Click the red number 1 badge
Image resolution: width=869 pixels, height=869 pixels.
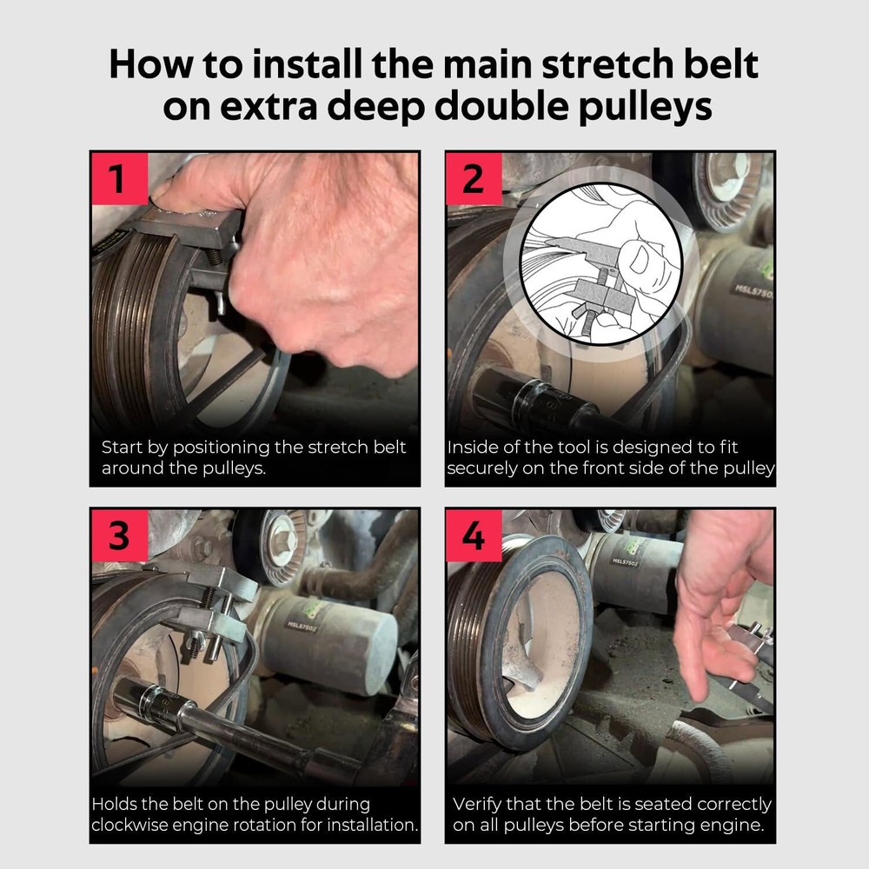pyautogui.click(x=119, y=179)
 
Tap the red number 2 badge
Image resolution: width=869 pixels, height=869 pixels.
pyautogui.click(x=474, y=179)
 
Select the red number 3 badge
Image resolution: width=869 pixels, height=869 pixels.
pyautogui.click(x=119, y=536)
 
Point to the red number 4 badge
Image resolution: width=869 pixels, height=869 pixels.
pyautogui.click(x=474, y=536)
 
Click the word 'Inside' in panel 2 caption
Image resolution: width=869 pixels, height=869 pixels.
pyautogui.click(x=474, y=448)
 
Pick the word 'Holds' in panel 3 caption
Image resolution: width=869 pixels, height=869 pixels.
pyautogui.click(x=118, y=805)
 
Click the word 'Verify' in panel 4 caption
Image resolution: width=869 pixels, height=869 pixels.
pyautogui.click(x=478, y=805)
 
